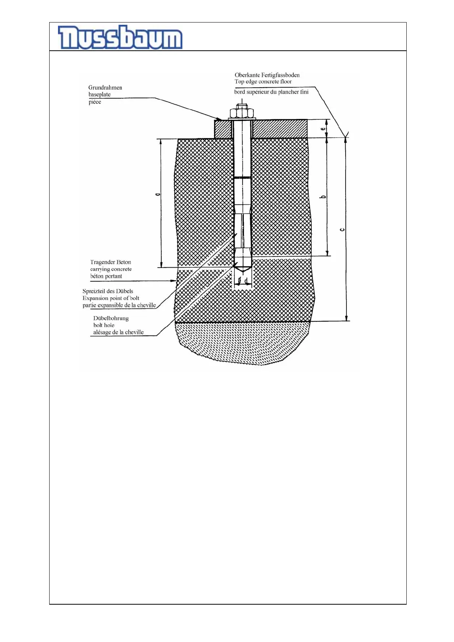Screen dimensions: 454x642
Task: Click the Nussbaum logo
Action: (x=120, y=37)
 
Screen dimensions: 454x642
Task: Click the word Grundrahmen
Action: (x=105, y=88)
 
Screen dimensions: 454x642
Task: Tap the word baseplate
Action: (x=100, y=95)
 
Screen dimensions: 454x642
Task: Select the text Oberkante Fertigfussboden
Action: (x=267, y=75)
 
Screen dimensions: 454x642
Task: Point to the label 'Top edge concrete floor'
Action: (x=263, y=82)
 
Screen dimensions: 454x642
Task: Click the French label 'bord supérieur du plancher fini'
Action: (x=271, y=92)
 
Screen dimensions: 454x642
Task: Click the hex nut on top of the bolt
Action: (x=242, y=113)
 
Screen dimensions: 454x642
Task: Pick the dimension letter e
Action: (x=323, y=129)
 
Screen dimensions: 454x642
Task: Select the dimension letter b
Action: (x=323, y=197)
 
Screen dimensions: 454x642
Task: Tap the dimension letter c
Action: (x=342, y=230)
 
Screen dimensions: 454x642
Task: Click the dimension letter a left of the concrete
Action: (x=158, y=194)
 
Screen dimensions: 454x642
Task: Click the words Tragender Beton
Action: (x=111, y=262)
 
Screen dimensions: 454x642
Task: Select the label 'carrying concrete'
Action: (x=111, y=269)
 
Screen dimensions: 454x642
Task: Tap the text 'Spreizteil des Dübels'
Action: (x=108, y=291)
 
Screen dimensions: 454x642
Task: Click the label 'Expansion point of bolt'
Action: (x=111, y=298)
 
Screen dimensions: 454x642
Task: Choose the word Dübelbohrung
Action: (x=111, y=318)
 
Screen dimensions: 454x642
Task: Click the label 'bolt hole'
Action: (x=104, y=325)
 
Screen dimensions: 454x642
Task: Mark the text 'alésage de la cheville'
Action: (x=118, y=332)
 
